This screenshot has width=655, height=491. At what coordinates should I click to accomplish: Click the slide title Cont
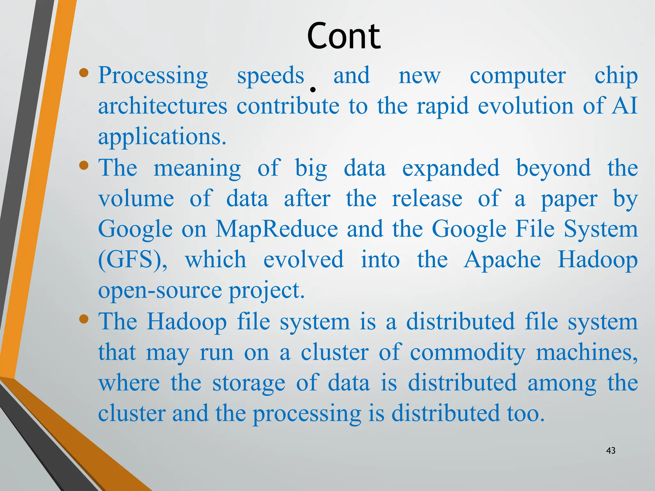343,36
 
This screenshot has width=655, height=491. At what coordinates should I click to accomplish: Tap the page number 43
611,450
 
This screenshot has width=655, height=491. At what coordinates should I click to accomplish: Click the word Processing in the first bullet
153,76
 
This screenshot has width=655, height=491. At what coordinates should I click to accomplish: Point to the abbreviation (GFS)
132,260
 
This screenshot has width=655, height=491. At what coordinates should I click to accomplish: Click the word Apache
502,260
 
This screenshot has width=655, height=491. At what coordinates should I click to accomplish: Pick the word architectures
162,106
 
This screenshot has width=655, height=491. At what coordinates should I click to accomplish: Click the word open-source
160,290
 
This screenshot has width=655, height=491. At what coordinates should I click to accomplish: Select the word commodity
468,352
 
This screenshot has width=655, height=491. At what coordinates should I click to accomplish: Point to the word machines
587,352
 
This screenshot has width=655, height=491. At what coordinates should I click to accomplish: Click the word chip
616,76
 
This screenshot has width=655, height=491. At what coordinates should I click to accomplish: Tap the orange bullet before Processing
84,73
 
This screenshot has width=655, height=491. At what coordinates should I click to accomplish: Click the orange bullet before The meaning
84,165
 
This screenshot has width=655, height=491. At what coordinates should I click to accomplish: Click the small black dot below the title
313,90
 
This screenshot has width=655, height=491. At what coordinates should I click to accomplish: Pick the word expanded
451,168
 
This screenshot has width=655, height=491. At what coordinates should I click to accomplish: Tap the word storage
249,383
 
